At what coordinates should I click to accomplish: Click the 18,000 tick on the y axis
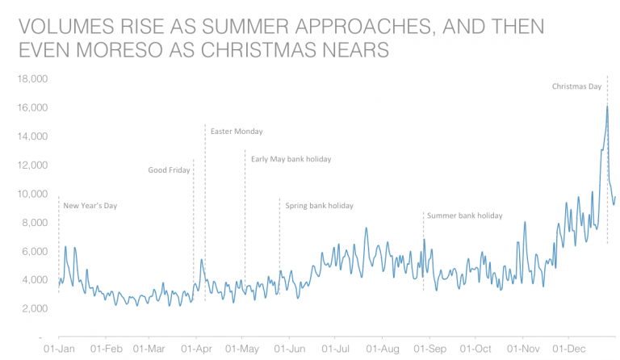point(32,79)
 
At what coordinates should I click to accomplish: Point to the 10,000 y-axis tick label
point(32,194)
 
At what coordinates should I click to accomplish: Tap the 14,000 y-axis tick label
point(32,136)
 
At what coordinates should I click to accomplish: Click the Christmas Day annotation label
point(577,86)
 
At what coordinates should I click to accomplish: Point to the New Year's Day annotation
point(90,206)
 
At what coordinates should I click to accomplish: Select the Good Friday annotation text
point(169,170)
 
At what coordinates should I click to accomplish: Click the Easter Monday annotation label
point(237,132)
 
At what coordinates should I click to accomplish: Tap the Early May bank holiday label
point(291,159)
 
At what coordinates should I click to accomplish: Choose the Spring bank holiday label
point(319,206)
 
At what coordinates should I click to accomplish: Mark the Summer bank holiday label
point(464,216)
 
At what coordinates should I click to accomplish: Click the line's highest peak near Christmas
point(606,107)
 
